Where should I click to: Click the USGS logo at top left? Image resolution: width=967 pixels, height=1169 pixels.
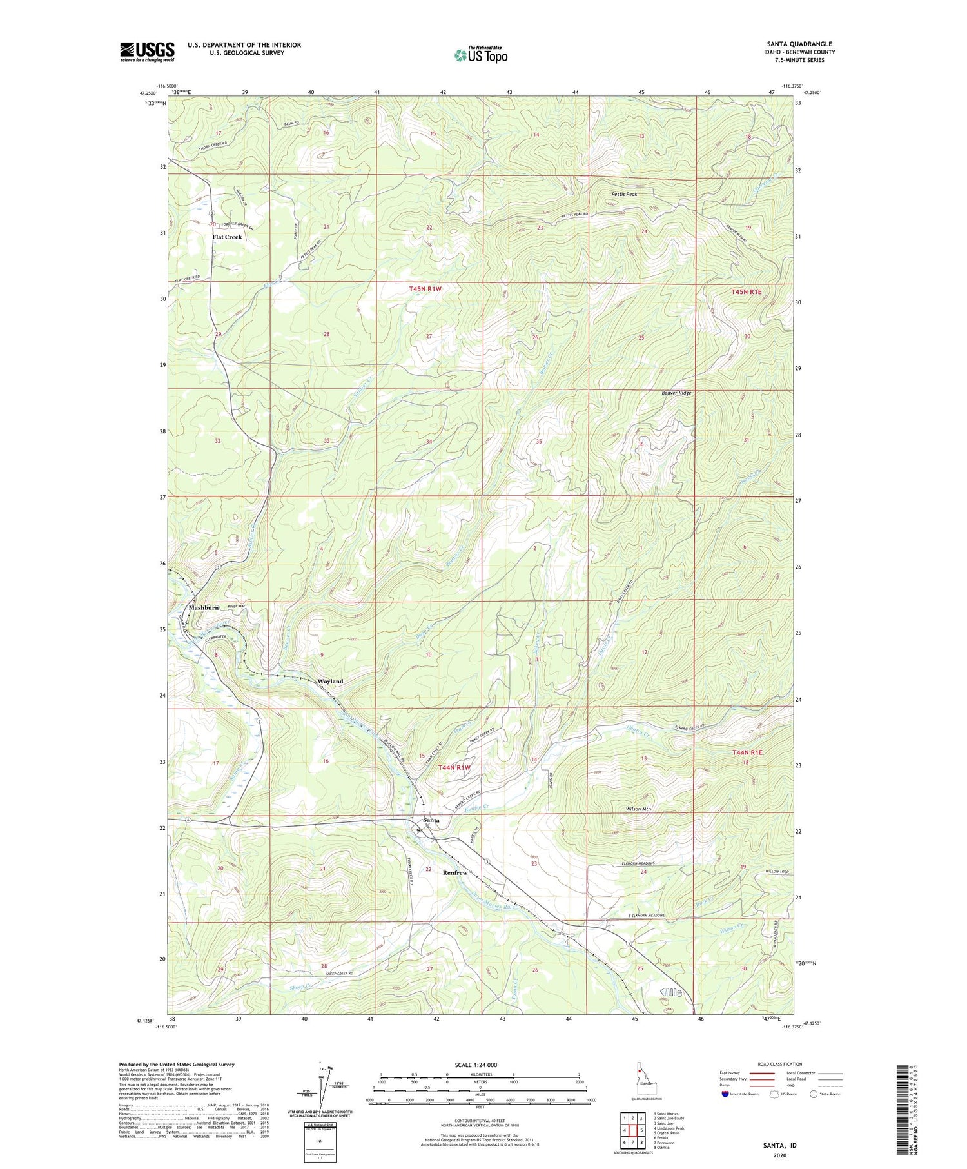point(147,52)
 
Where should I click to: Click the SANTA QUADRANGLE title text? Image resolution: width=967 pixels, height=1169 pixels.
point(799,44)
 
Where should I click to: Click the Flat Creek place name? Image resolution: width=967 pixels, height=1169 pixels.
point(227,237)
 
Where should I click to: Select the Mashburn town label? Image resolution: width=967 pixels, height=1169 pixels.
point(203,607)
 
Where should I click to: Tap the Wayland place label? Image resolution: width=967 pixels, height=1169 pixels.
point(330,681)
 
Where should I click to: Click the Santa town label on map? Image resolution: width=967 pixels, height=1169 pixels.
point(431,820)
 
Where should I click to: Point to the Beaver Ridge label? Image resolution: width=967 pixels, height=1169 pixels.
point(676,393)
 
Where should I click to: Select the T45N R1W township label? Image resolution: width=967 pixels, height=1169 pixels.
point(425,290)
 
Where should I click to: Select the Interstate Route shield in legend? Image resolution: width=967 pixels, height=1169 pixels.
point(725,1094)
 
